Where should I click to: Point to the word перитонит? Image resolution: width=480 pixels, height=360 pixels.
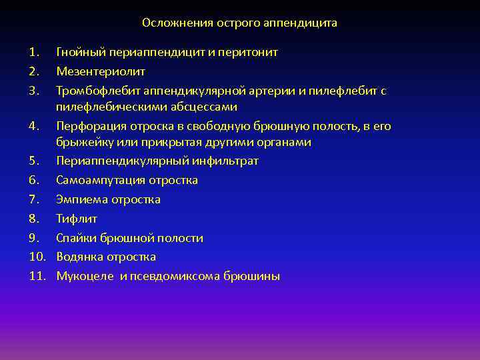point(252,52)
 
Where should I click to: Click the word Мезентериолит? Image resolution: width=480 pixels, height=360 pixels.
point(101,71)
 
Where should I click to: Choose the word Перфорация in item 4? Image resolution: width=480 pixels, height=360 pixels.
point(87,126)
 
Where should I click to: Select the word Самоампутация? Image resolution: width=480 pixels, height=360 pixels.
point(100,180)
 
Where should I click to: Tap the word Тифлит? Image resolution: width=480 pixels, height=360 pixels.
point(77,219)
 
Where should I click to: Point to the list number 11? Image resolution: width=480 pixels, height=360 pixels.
point(37,276)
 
